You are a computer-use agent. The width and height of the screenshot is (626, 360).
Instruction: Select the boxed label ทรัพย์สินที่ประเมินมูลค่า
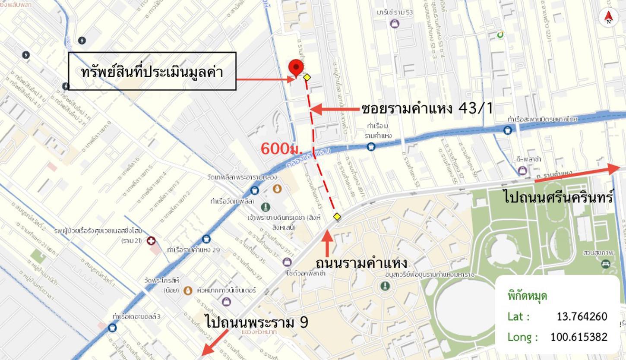(x=152, y=72)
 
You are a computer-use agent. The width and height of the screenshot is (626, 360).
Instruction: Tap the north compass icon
(x=608, y=17)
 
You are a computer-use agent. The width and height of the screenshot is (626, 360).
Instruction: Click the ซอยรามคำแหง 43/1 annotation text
(x=427, y=108)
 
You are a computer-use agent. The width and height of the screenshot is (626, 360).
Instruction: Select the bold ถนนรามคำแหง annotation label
(x=361, y=263)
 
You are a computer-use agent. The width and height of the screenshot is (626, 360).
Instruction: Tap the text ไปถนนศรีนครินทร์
(x=559, y=197)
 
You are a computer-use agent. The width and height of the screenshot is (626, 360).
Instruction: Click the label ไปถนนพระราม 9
(x=257, y=322)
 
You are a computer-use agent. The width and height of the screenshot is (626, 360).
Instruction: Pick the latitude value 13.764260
(x=582, y=316)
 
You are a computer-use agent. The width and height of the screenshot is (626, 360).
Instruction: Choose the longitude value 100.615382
(x=579, y=337)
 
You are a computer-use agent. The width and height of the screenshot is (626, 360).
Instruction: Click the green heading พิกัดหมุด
(x=527, y=296)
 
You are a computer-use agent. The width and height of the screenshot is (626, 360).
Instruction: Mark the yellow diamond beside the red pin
(x=307, y=77)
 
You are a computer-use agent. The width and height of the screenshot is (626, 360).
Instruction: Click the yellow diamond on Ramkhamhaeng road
(x=337, y=217)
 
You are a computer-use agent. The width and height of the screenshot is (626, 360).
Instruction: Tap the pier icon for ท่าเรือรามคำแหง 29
(x=206, y=239)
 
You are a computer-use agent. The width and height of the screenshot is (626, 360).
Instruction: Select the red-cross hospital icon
(x=151, y=240)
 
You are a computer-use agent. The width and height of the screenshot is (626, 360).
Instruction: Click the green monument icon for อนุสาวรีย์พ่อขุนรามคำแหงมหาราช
(x=385, y=286)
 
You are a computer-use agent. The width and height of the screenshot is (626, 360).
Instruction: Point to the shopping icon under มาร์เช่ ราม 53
(x=395, y=24)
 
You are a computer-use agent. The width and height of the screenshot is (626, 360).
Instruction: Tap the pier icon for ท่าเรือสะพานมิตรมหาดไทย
(x=508, y=129)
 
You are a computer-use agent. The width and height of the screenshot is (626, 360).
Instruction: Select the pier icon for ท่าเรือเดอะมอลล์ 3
(x=112, y=327)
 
